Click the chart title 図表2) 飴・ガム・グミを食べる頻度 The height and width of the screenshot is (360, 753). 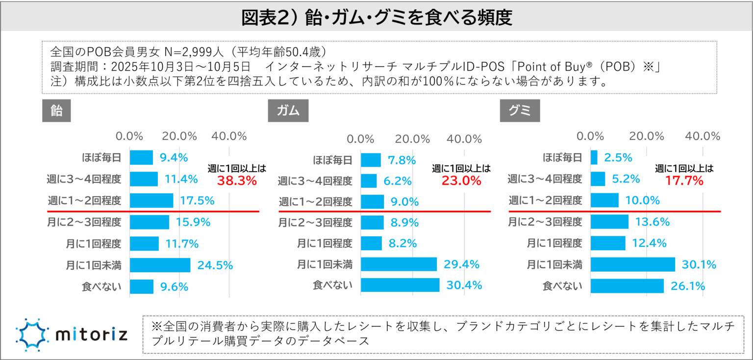point(376,18)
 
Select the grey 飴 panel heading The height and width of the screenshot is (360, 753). point(57,111)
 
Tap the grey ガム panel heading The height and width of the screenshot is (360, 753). point(288,111)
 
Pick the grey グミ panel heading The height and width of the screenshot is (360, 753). point(520,111)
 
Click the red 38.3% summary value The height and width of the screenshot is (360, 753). point(237,180)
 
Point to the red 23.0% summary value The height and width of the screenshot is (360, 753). point(461,180)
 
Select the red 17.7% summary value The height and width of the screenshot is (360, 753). point(684,180)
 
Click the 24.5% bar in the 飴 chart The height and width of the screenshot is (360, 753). point(160,265)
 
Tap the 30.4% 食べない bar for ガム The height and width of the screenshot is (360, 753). point(400,285)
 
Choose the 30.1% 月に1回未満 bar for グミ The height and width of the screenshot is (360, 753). point(632,265)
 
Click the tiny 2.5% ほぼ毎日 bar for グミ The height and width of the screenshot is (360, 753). point(594,157)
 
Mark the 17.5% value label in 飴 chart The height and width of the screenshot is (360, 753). point(198,201)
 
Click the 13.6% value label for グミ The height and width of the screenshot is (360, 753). point(653,222)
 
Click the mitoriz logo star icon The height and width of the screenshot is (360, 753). point(32,334)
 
